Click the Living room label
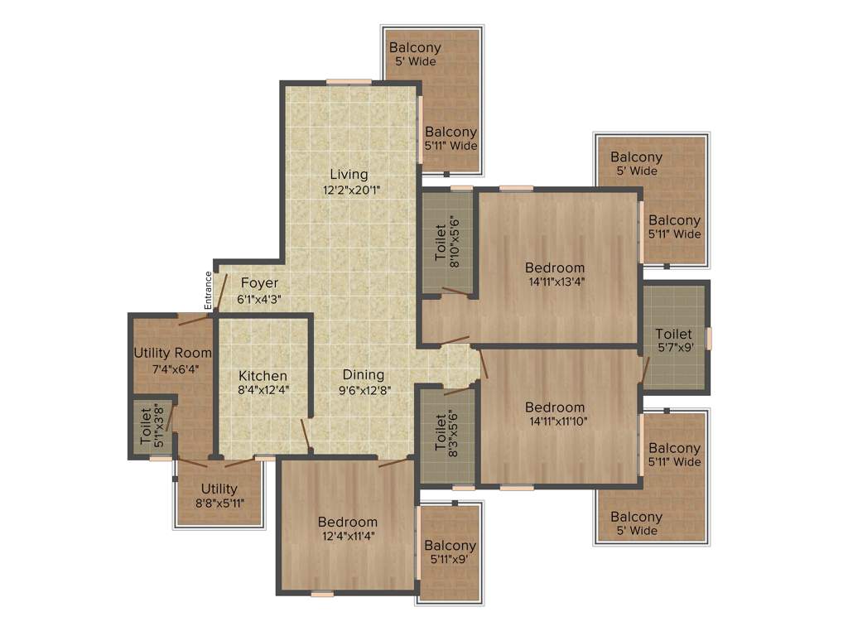349,174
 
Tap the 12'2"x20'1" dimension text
352,190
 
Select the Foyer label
259,284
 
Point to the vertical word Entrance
209,290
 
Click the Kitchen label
263,375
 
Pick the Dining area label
364,374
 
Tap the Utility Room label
172,353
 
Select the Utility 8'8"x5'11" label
219,489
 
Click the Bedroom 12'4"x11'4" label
347,522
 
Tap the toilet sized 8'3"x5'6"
446,431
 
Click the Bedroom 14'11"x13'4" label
555,267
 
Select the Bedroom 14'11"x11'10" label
555,407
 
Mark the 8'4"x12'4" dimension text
263,389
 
